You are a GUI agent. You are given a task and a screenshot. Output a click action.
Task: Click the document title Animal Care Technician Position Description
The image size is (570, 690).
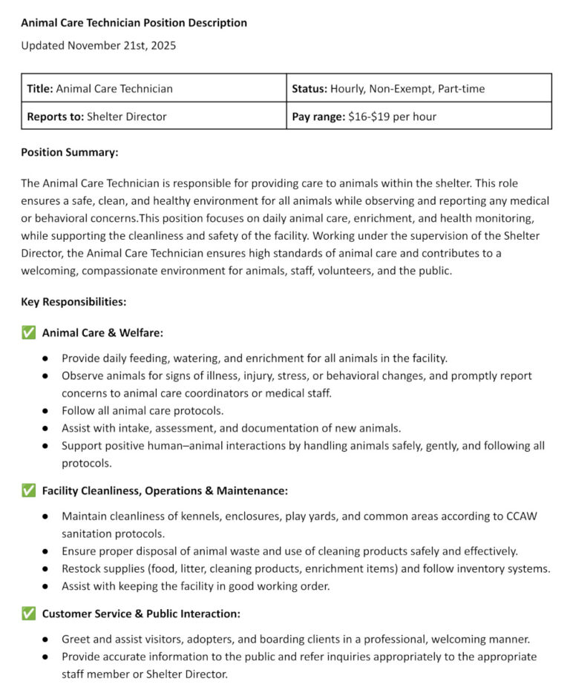[134, 23]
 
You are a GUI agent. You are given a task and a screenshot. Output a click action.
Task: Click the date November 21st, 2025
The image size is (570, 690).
[122, 46]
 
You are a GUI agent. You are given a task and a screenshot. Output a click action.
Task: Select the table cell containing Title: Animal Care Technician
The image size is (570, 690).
[154, 88]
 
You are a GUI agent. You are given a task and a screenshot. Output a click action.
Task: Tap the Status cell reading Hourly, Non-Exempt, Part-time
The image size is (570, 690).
[419, 88]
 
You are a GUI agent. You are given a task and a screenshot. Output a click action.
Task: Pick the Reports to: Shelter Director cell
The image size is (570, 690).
[154, 116]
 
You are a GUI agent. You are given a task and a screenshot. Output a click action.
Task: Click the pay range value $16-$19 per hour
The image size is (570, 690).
[392, 116]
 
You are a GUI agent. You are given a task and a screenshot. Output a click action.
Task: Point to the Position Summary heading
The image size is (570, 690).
[70, 152]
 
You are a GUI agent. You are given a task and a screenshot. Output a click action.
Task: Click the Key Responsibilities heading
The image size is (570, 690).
[73, 302]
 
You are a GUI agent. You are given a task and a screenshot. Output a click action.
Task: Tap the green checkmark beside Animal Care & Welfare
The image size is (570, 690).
[28, 332]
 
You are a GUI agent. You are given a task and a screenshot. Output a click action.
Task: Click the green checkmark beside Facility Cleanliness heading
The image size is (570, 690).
[28, 490]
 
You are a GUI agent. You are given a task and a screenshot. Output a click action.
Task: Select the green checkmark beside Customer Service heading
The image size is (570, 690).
[28, 614]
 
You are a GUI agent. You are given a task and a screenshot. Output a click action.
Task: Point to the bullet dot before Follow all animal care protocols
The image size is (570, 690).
[45, 410]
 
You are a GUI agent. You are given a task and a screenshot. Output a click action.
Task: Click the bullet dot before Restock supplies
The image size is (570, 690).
[45, 569]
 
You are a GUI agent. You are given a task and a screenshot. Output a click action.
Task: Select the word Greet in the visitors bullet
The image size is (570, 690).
[76, 639]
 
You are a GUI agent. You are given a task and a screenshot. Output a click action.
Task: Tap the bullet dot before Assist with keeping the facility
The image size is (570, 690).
[45, 587]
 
